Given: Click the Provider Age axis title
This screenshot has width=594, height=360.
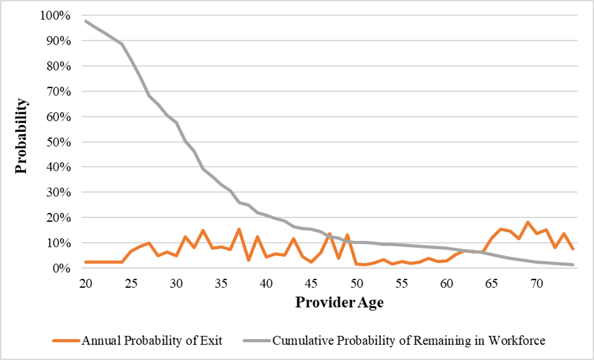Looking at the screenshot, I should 339,302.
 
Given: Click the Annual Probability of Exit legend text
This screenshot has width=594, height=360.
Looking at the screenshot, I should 152,341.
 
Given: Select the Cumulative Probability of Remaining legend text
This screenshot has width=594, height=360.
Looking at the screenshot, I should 408,341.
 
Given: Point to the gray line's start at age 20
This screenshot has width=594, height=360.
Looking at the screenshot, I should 86,21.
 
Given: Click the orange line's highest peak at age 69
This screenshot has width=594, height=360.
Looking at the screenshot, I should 527,222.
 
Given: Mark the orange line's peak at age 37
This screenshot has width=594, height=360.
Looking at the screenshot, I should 239,229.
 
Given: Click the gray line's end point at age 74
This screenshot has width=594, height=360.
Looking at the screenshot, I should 572,265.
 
